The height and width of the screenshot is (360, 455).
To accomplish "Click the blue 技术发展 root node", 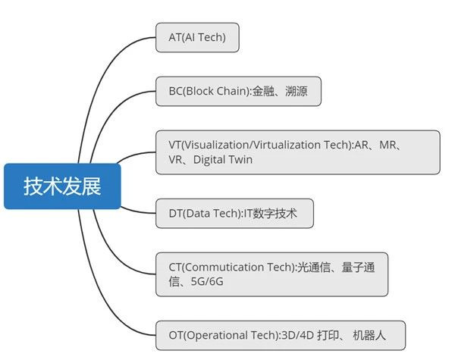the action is [x=62, y=186].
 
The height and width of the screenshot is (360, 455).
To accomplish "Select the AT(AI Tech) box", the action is [x=197, y=38].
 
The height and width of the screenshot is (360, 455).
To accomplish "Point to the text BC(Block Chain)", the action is [x=209, y=91].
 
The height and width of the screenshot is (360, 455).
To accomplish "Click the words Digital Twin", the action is [x=223, y=160].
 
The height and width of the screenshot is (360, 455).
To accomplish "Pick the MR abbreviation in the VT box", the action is [x=388, y=145].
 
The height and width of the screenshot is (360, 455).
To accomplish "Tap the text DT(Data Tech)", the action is [x=205, y=214].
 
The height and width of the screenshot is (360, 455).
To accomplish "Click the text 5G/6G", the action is [x=207, y=281].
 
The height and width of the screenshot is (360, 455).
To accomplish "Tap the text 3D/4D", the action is [x=298, y=335].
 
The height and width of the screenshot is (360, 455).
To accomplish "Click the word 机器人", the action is [x=369, y=335].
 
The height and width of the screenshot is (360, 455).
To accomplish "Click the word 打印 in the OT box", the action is [x=328, y=335].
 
